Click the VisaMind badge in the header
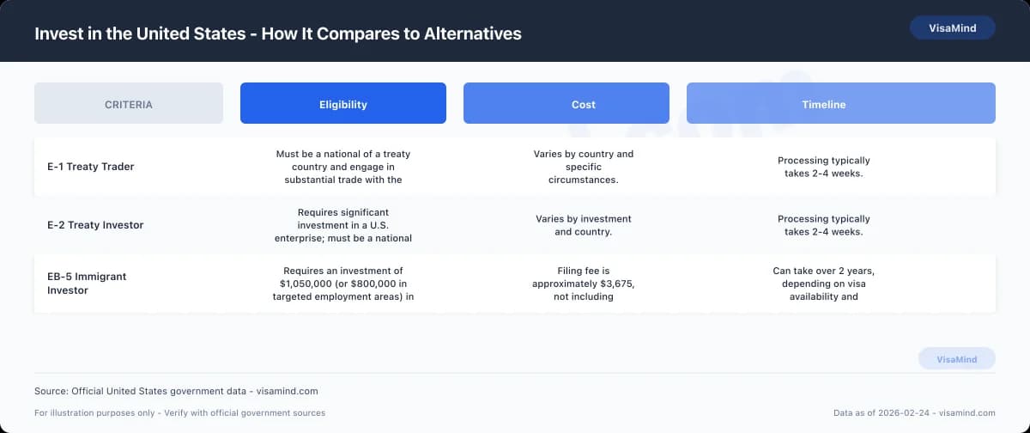[952, 27]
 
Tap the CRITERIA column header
[129, 104]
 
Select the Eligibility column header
[343, 104]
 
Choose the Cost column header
[566, 104]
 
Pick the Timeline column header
[840, 104]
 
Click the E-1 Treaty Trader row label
[91, 167]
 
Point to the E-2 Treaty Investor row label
[95, 225]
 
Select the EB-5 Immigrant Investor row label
[87, 284]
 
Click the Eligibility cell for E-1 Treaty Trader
[343, 167]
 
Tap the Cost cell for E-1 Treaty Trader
[584, 167]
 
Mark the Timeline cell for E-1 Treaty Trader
[824, 167]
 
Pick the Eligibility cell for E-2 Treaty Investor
[343, 225]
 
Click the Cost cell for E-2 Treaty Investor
[584, 225]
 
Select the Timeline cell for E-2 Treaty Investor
[824, 225]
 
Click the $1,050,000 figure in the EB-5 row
[311, 284]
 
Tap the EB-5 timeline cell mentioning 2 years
[824, 284]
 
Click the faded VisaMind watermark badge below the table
[956, 359]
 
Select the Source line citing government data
[176, 391]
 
